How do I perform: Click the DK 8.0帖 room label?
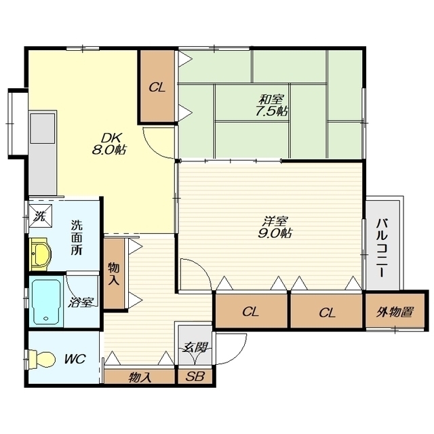click(x=108, y=143)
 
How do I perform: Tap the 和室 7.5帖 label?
click(x=271, y=105)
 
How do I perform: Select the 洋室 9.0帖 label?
click(x=275, y=227)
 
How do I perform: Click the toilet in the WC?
click(x=41, y=359)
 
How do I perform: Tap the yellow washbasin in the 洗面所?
click(x=41, y=254)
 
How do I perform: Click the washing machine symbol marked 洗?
click(x=41, y=216)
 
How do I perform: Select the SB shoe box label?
click(x=195, y=376)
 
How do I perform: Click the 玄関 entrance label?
click(x=195, y=347)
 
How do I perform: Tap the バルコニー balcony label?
click(x=382, y=248)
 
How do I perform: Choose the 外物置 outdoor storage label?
click(x=395, y=312)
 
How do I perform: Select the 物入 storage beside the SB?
click(x=139, y=376)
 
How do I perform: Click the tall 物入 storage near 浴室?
click(x=114, y=273)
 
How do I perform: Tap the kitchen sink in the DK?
click(x=42, y=128)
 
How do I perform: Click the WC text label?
click(x=75, y=359)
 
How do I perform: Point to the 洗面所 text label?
click(x=77, y=237)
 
